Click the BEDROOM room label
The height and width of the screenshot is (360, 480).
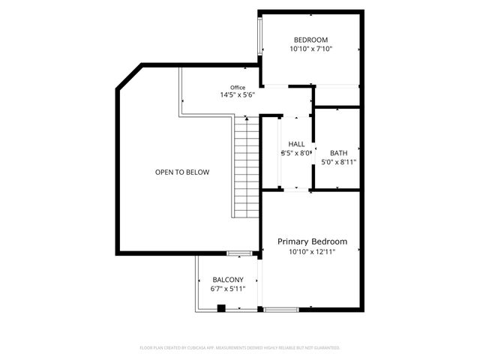coord(310,40)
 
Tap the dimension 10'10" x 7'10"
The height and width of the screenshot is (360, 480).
coord(310,49)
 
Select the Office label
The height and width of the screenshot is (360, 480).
coord(238,87)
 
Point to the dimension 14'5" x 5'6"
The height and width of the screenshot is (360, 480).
coord(238,95)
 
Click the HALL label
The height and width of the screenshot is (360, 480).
coord(296,144)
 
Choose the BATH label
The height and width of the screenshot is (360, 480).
coord(338,152)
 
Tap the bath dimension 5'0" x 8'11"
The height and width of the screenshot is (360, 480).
coord(338,161)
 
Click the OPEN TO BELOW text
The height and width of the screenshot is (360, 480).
coord(182,172)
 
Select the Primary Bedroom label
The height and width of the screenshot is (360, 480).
coord(312,241)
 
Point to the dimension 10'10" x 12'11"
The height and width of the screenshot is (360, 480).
coord(312,252)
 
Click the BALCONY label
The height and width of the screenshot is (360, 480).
coord(227,279)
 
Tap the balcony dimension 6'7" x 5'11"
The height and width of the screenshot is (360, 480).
coord(227,289)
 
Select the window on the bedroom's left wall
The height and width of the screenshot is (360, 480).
coord(260,34)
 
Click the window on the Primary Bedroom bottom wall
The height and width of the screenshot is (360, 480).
coord(281,309)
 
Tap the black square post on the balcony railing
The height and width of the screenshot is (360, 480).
coord(220,307)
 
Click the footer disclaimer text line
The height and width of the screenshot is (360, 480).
coord(240,348)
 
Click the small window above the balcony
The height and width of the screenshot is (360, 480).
coord(239,253)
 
